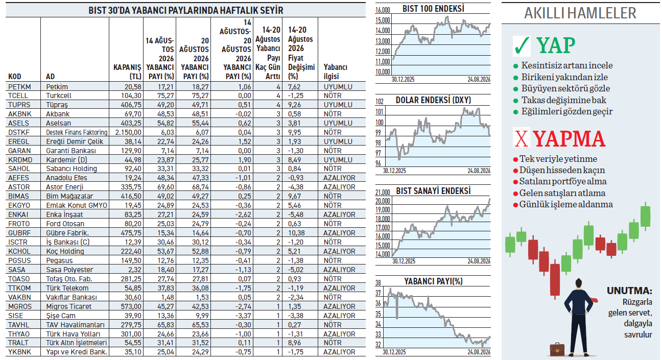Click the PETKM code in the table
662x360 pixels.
(19, 87)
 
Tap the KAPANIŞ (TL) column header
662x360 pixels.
(127, 72)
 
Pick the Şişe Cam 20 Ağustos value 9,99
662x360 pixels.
(201, 316)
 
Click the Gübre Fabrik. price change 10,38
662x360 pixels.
(296, 233)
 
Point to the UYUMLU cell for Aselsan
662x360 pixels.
(338, 123)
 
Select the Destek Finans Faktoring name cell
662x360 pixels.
(77, 132)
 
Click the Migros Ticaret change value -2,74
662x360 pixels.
(243, 306)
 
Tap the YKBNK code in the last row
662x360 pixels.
(20, 352)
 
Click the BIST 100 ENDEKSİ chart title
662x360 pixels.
(433, 9)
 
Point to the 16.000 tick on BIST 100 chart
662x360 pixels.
(383, 10)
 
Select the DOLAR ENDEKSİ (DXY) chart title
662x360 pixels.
(433, 100)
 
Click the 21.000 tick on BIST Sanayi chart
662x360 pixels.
(383, 193)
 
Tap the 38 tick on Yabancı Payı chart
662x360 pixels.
(379, 283)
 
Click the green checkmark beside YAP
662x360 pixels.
(522, 46)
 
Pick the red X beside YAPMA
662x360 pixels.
(522, 138)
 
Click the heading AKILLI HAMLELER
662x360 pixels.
(580, 13)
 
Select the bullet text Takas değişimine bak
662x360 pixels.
(563, 100)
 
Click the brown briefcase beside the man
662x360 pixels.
(557, 349)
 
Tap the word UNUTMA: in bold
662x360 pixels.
(629, 291)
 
